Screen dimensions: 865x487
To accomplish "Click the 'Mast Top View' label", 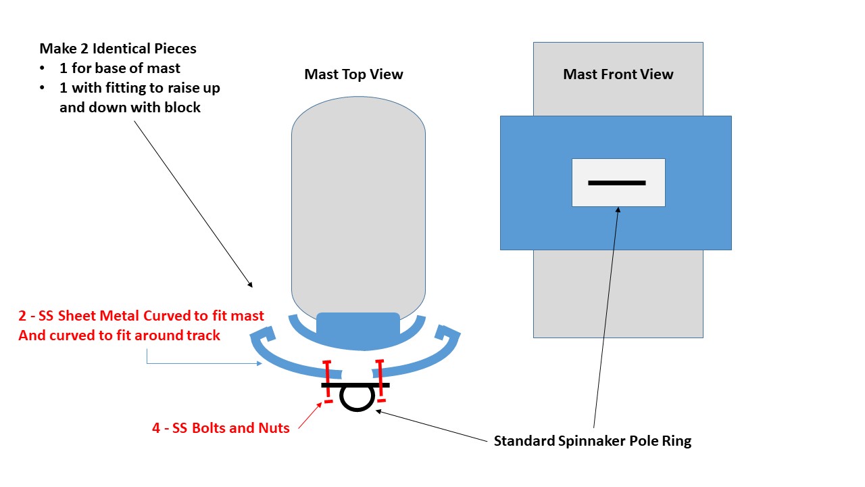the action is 353,74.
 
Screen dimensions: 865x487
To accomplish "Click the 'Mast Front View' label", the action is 618,74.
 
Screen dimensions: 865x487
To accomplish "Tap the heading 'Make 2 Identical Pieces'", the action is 118,49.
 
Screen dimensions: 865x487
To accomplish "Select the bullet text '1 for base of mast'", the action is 120,68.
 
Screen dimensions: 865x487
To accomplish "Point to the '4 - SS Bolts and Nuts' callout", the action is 221,428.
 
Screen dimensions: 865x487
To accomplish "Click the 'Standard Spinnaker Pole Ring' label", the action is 593,441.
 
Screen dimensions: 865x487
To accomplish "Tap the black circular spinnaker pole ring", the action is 357,410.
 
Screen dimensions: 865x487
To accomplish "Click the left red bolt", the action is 328,381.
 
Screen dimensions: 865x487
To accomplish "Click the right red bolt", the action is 380,381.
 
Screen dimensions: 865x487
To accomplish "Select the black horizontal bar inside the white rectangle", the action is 617,183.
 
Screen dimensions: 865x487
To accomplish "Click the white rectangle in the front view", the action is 618,183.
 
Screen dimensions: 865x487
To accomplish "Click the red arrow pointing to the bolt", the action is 310,415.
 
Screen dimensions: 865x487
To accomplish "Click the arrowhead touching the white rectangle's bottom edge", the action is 618,209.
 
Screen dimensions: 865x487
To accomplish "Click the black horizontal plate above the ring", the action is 355,385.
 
